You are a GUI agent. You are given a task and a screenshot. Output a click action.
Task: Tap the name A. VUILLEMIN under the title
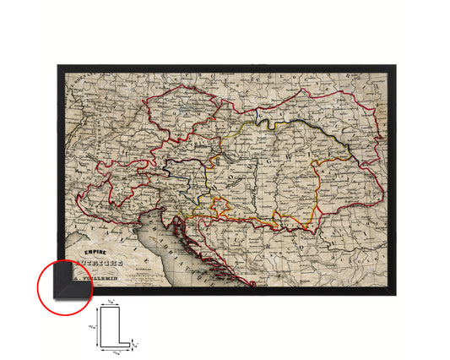(x=105, y=272)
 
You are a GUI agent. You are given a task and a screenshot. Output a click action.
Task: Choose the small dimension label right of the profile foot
(x=138, y=342)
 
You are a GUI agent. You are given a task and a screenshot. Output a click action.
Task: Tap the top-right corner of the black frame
(x=393, y=65)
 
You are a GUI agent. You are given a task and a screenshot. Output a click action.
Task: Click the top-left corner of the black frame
(x=58, y=65)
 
